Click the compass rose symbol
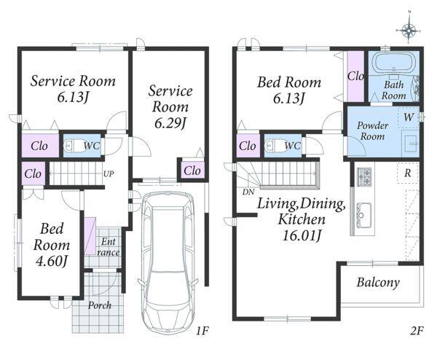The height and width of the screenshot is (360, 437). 409,30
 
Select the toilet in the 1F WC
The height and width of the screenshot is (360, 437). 72,146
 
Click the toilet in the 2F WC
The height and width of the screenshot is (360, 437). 274,145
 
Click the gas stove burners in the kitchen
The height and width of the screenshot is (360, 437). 364,176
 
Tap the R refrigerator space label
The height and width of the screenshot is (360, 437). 407,173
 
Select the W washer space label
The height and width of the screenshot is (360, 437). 409,117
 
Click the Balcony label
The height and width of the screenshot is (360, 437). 378,282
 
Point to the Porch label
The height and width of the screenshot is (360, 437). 100,305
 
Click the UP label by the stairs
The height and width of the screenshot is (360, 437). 109,174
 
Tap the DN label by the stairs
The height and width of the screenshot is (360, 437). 248,192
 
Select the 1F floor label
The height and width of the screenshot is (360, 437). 202,331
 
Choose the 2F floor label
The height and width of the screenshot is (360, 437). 417,331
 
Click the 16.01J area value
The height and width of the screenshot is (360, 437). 302,236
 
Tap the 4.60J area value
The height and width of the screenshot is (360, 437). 52,261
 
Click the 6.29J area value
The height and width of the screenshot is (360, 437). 170,123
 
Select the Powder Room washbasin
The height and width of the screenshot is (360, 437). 411,144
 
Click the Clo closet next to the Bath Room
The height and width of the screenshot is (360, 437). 355,76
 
